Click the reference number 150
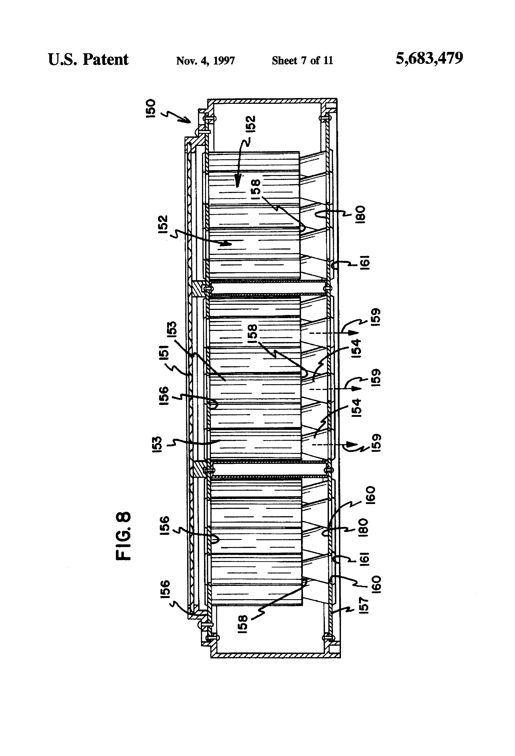tap(151, 109)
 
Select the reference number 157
tap(364, 605)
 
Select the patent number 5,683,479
tap(429, 59)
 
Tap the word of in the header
tap(315, 61)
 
